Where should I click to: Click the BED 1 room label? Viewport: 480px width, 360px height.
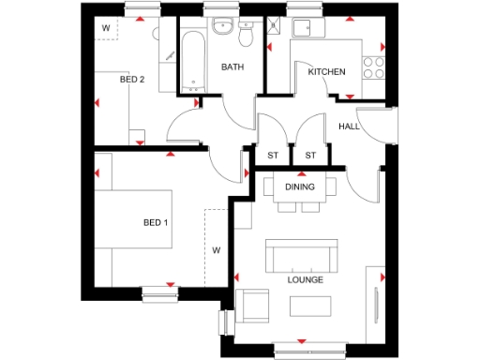(x=156, y=222)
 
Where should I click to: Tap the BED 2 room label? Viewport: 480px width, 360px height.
(x=131, y=80)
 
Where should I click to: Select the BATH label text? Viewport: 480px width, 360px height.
(x=232, y=67)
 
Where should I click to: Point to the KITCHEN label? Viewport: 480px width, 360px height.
(x=327, y=72)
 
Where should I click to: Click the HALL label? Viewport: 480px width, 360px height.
(x=349, y=127)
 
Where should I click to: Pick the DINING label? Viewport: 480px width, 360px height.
(x=300, y=187)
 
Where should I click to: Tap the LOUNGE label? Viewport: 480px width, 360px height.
(x=306, y=279)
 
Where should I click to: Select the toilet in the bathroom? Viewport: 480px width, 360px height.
(x=246, y=35)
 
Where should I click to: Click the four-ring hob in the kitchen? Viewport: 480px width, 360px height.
(x=374, y=68)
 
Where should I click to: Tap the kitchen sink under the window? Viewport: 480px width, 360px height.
(x=308, y=29)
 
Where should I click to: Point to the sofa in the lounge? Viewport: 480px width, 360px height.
(x=301, y=254)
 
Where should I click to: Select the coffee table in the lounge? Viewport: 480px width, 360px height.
(x=308, y=307)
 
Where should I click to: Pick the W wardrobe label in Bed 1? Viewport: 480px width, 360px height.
(x=216, y=250)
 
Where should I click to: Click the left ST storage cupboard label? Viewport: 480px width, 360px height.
(x=274, y=155)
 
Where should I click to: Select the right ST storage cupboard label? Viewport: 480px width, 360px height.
(x=310, y=155)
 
